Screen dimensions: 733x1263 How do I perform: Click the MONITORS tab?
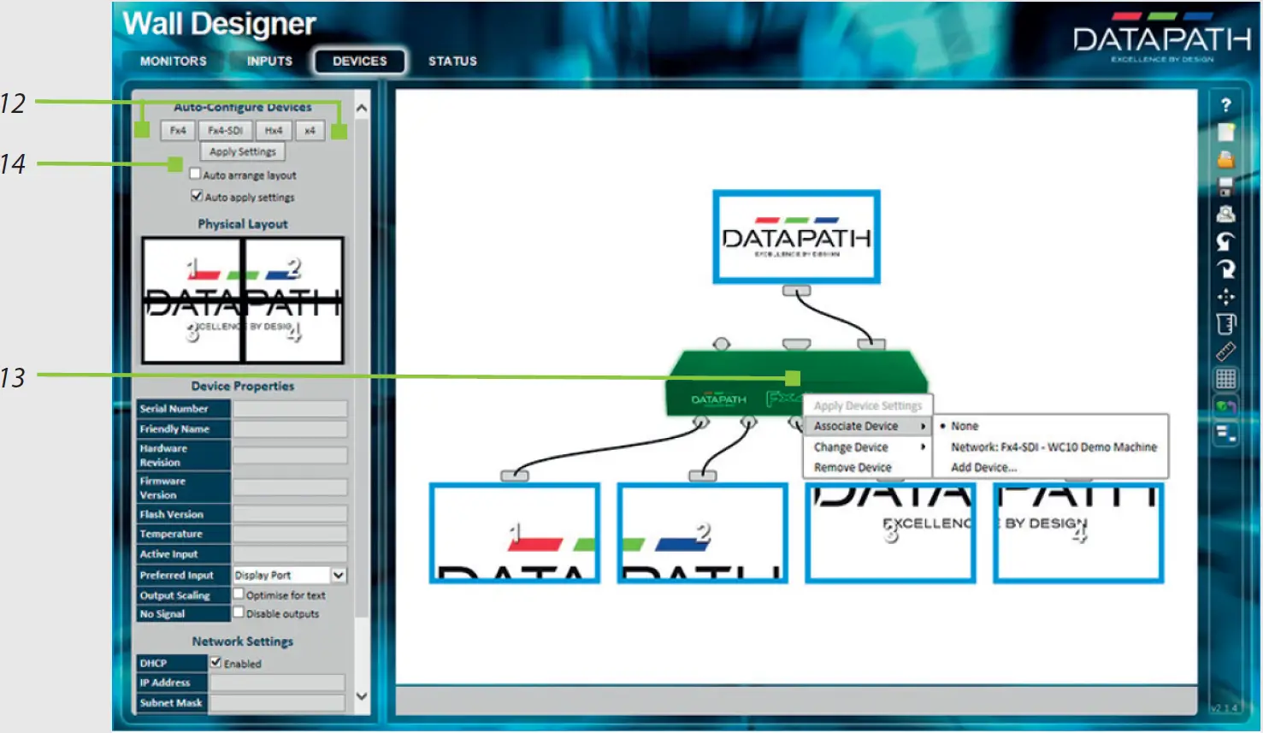click(173, 62)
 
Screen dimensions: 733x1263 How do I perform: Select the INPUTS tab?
click(269, 62)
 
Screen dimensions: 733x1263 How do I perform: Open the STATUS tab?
click(452, 62)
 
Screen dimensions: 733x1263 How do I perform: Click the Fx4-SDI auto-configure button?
click(226, 131)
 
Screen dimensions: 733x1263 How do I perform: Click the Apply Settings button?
click(243, 151)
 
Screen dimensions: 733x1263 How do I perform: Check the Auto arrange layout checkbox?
click(196, 174)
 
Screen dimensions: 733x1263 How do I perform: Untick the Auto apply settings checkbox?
click(197, 196)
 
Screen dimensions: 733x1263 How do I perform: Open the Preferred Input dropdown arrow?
click(339, 575)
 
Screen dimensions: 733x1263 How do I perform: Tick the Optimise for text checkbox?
click(239, 594)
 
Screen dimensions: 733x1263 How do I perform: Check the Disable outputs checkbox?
click(239, 612)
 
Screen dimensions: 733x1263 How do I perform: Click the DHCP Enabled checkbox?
click(216, 662)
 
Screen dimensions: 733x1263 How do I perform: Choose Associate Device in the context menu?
click(856, 426)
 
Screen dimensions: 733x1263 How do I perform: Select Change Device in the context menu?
click(851, 447)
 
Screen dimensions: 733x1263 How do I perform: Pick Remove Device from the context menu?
click(853, 468)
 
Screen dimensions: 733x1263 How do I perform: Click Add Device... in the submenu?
click(983, 468)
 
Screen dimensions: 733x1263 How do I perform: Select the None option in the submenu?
click(965, 426)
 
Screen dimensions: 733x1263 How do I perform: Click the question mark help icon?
click(1225, 104)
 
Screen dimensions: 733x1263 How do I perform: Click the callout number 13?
click(13, 377)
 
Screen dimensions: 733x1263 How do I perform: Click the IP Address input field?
click(278, 683)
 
